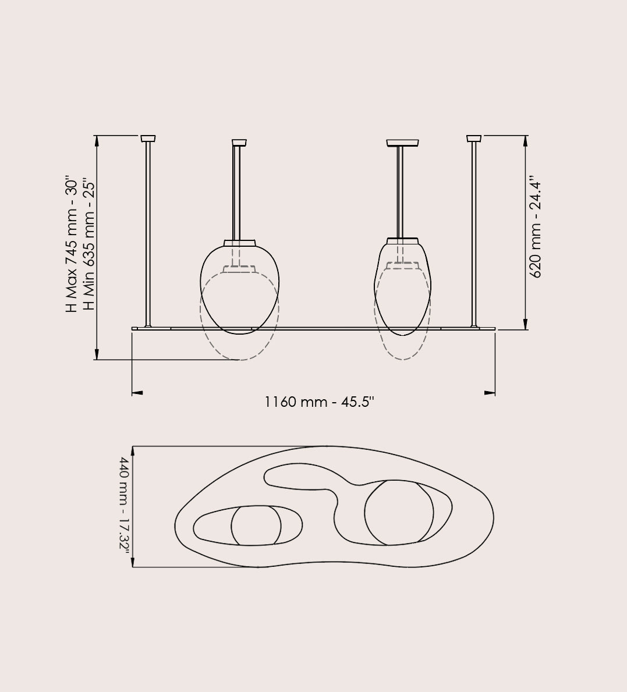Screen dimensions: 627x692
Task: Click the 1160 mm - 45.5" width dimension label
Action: tap(319, 402)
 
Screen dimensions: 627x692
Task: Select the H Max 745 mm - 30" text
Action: tap(72, 246)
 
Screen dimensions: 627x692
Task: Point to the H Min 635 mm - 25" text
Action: tap(88, 246)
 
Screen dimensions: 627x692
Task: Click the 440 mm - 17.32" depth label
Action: tap(125, 503)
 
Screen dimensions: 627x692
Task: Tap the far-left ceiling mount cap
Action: tap(148, 139)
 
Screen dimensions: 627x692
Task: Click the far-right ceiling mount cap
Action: tap(474, 139)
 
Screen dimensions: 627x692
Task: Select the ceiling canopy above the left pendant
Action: tap(239, 143)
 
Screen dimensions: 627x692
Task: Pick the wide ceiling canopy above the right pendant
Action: tap(403, 143)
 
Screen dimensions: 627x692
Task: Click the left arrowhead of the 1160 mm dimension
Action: tap(137, 392)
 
